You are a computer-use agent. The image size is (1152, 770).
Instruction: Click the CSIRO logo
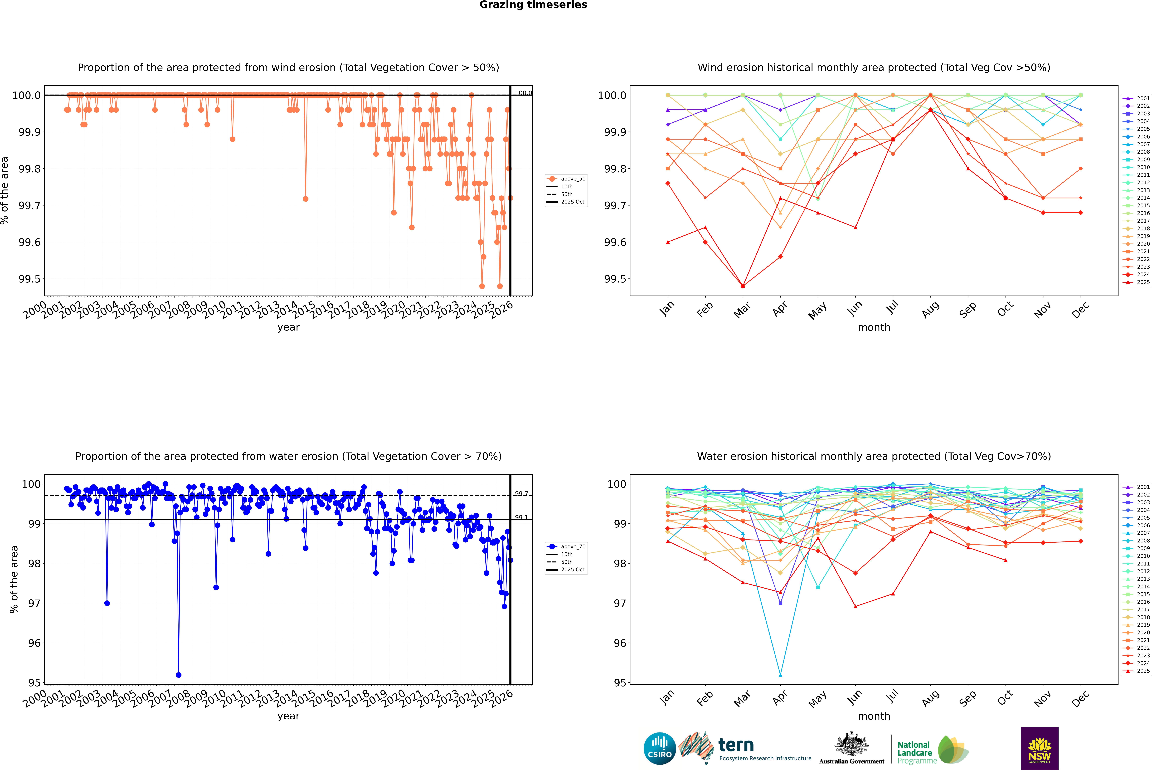[660, 748]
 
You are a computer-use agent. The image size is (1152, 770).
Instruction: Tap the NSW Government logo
[1040, 748]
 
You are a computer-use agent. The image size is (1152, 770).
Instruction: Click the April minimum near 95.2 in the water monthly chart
[780, 675]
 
